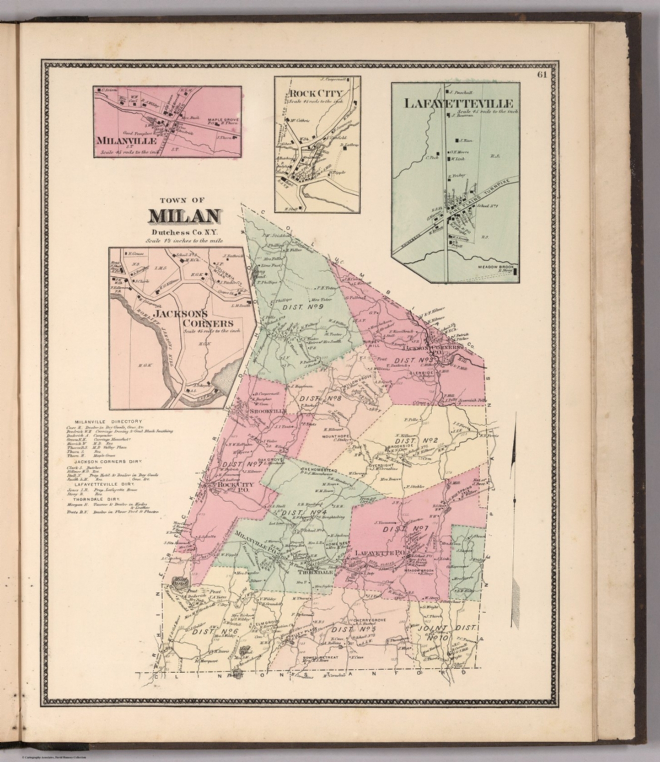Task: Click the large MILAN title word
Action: click(x=184, y=216)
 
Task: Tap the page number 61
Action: click(x=541, y=75)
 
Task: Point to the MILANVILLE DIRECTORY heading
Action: click(x=109, y=422)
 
